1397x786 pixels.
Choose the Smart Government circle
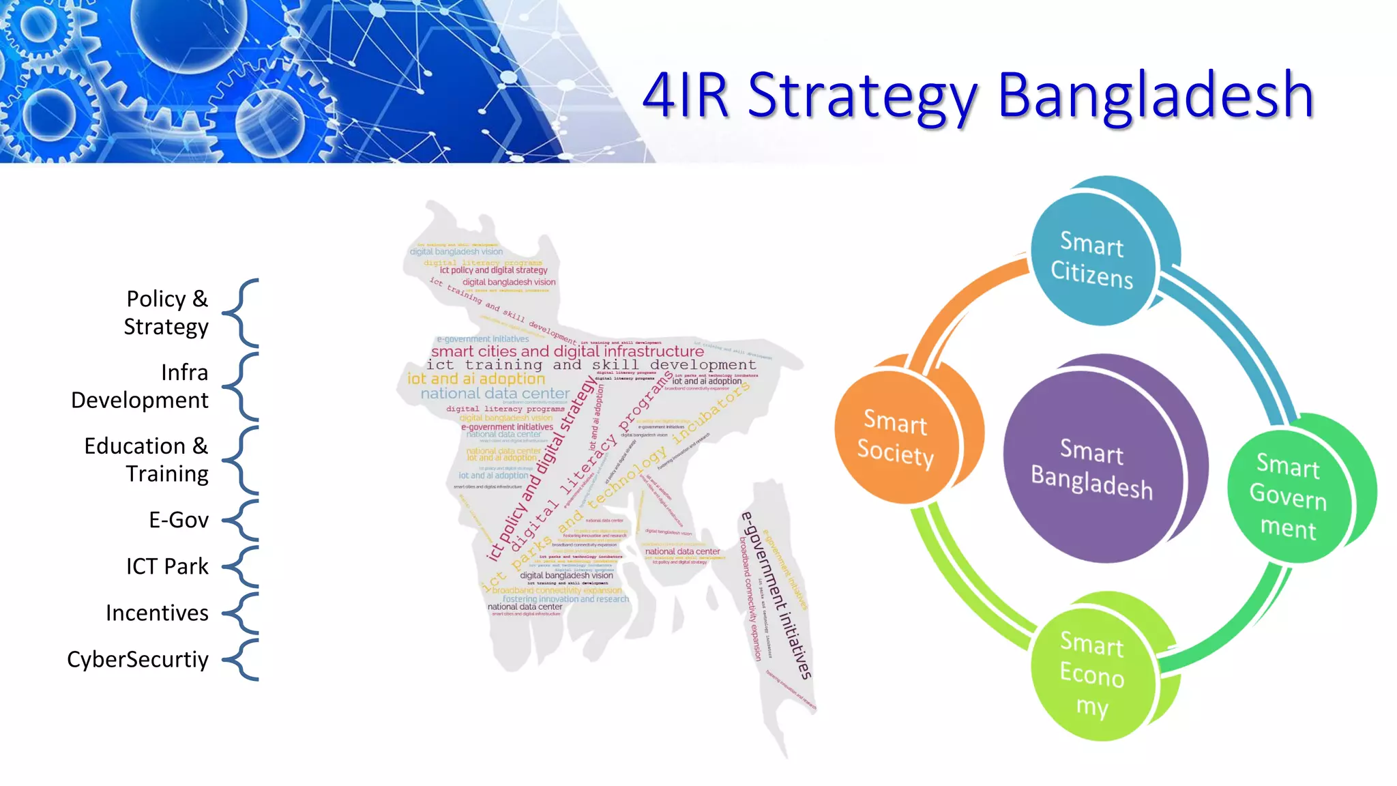(x=1288, y=497)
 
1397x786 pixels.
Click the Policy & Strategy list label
(x=166, y=312)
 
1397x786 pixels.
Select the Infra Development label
(x=140, y=386)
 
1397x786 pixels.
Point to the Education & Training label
(x=147, y=459)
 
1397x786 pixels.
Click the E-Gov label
(x=179, y=520)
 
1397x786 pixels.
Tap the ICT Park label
(x=167, y=566)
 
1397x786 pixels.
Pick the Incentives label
(x=157, y=613)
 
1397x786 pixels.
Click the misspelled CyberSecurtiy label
(x=138, y=659)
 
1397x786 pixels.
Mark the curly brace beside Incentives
(x=242, y=613)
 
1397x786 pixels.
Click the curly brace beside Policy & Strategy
(x=242, y=312)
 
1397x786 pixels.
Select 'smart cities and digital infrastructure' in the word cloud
(x=567, y=351)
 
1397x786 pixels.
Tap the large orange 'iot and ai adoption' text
(x=476, y=379)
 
